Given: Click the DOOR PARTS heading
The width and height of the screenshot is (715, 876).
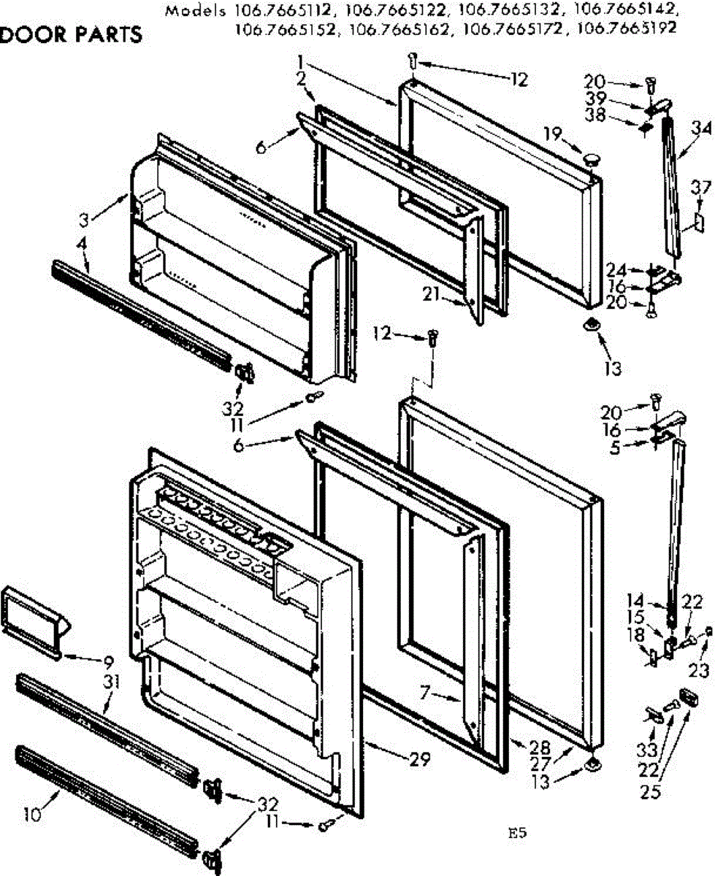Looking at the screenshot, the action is [x=71, y=35].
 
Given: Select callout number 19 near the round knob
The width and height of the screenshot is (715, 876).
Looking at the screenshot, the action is [x=553, y=134].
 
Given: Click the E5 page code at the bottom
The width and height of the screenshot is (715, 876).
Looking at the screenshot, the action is [x=518, y=833].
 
